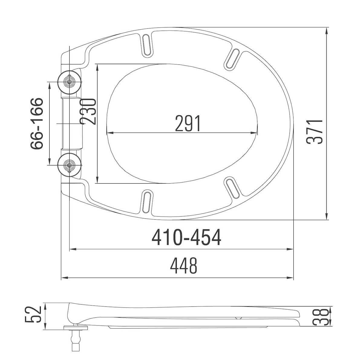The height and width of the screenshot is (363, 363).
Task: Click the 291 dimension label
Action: point(188,124)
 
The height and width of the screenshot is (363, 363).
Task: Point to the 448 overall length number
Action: point(184,266)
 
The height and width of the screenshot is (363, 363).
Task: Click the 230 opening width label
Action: point(88,111)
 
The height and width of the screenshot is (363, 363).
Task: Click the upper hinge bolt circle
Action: point(70,82)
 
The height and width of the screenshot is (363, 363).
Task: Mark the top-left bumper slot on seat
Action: point(147,45)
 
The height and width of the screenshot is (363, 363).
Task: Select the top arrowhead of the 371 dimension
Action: point(327,30)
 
